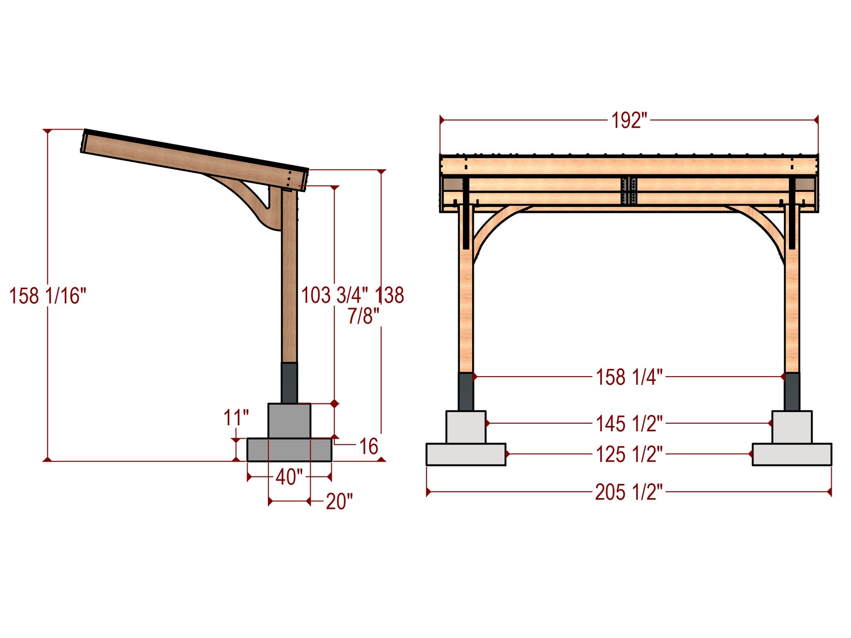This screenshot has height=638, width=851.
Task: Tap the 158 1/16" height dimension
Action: [x=48, y=296]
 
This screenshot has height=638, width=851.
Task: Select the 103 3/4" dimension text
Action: [x=334, y=295]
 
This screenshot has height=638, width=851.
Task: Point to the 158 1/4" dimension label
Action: [x=629, y=377]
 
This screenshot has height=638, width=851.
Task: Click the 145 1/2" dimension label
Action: [x=629, y=424]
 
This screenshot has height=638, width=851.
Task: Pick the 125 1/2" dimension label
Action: [x=629, y=454]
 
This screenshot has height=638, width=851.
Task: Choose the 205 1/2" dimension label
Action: [x=629, y=492]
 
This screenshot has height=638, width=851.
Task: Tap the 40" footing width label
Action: [x=289, y=476]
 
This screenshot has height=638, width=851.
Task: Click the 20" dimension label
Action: [x=339, y=502]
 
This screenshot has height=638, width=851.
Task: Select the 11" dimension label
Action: [x=236, y=418]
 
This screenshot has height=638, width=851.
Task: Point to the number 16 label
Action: [x=368, y=446]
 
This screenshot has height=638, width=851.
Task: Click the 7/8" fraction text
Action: [x=363, y=316]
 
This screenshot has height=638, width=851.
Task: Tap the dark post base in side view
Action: [x=289, y=382]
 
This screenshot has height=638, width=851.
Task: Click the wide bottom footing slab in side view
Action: [x=289, y=450]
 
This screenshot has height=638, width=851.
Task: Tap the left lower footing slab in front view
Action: [x=466, y=454]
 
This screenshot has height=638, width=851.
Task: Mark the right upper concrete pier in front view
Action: [x=792, y=427]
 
